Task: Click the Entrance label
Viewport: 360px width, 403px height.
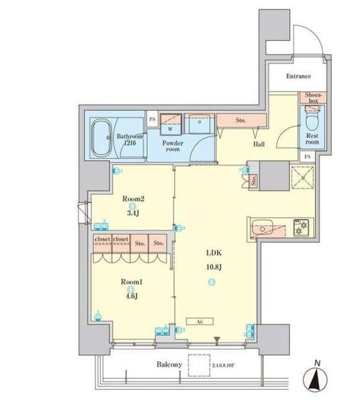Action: coord(298,77)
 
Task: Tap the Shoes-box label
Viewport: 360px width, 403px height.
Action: coord(313,98)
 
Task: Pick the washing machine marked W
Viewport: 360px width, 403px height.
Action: coord(170,126)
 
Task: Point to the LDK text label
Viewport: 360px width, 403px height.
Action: coord(213,254)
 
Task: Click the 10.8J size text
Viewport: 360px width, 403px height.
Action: coord(213,267)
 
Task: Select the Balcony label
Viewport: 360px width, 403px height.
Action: coord(170,365)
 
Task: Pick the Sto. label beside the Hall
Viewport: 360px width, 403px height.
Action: coord(240,121)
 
